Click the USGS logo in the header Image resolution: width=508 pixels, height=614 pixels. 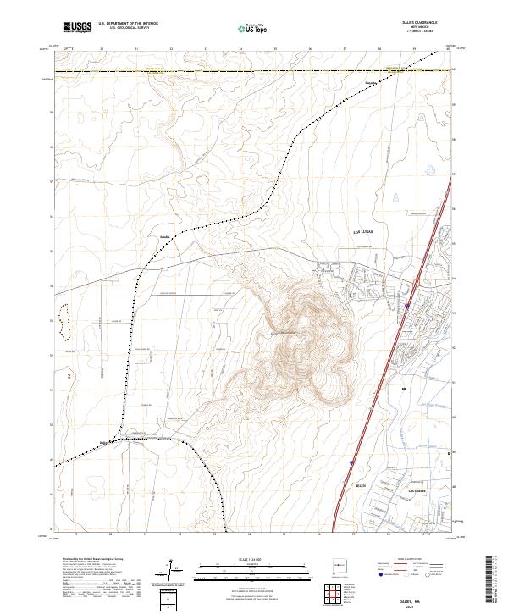(77, 28)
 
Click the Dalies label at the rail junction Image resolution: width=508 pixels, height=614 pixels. (106, 442)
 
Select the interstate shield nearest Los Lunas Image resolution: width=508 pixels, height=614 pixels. (407, 306)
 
